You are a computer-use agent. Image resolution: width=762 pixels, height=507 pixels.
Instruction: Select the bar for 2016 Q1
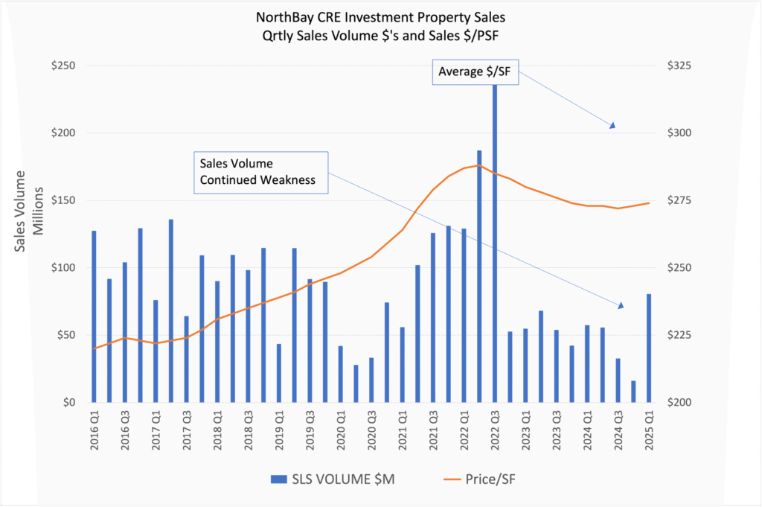94,316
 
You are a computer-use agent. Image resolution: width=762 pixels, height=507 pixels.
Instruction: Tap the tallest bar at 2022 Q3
494,246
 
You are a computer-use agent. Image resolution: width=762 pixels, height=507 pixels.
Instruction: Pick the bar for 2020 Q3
371,380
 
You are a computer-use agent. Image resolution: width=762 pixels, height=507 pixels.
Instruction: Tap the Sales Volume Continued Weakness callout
260,172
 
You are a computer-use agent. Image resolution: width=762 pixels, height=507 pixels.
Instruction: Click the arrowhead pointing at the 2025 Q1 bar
620,305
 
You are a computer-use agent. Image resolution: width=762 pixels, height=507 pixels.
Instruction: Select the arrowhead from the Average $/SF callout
612,125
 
